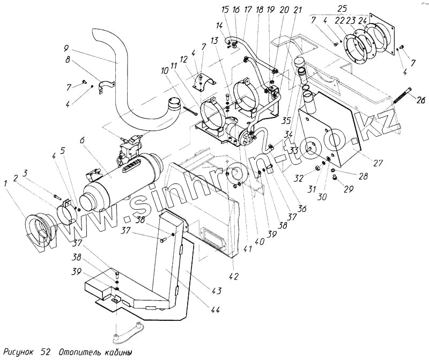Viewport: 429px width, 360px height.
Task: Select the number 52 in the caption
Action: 45,352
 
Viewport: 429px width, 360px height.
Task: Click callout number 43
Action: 217,291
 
